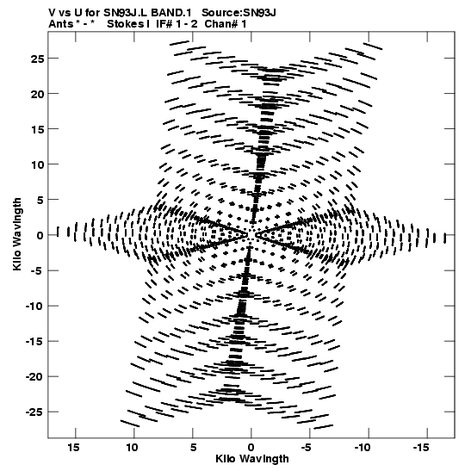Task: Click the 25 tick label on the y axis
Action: tap(37, 59)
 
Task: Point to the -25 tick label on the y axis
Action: tap(34, 412)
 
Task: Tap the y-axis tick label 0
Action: tap(40, 236)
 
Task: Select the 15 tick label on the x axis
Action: tap(73, 448)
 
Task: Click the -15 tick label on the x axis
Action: tap(421, 448)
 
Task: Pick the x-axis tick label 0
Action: tap(251, 448)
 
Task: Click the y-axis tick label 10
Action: tap(37, 165)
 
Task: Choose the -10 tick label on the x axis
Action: tap(363, 448)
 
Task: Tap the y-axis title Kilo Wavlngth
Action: tap(17, 234)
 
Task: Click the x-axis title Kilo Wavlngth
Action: tap(252, 459)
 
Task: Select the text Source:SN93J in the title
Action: tap(239, 13)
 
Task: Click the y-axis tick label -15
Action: tap(34, 342)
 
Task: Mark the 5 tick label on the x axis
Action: tap(193, 448)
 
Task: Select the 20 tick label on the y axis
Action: tap(37, 95)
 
